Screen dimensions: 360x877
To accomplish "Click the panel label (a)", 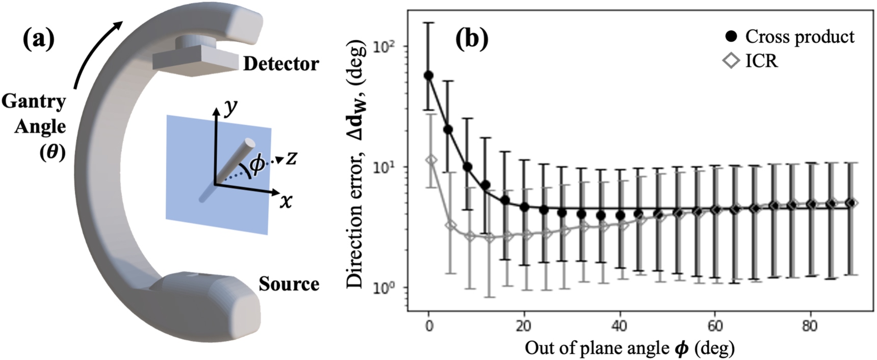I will [38, 39].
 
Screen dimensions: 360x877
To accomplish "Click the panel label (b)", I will [471, 39].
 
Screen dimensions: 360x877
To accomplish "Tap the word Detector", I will [281, 64].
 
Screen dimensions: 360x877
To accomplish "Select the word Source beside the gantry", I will [289, 284].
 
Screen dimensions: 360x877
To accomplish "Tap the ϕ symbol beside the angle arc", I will [257, 164].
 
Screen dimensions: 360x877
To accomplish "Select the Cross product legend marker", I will [731, 37].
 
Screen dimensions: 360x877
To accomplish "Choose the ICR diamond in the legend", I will [731, 61].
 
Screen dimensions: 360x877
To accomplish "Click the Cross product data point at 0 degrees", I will [429, 75].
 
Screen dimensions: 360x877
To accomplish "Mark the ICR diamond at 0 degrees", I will [431, 160].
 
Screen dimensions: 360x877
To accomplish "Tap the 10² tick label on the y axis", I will [383, 47].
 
